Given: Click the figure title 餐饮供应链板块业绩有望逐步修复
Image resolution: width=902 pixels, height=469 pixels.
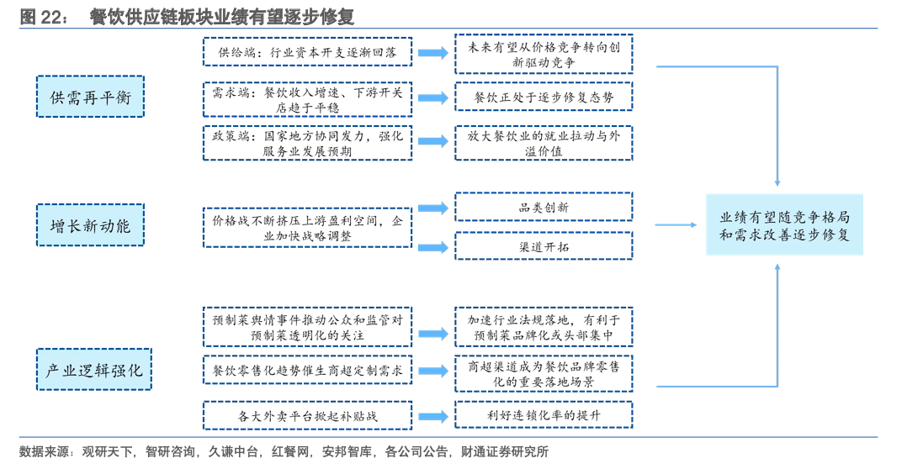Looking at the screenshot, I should [222, 16].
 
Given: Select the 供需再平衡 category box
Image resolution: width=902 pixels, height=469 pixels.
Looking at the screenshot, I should [90, 97].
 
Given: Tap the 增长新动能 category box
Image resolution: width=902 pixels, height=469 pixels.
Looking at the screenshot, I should [90, 225].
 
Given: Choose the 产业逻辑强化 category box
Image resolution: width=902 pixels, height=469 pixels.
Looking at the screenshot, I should [93, 369].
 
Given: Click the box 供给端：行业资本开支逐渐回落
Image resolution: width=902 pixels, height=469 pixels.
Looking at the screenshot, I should [307, 52].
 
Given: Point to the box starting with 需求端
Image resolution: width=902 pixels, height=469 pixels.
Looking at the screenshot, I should [307, 98].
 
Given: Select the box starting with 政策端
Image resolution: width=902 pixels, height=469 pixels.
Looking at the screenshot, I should [307, 143].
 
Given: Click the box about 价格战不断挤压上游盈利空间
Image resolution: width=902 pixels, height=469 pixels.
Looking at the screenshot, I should [307, 228].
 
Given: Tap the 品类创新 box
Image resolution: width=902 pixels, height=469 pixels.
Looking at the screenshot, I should [543, 207].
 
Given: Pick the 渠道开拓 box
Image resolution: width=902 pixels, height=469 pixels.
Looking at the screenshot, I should [543, 246].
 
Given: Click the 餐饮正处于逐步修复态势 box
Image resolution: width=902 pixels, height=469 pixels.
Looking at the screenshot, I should [543, 97].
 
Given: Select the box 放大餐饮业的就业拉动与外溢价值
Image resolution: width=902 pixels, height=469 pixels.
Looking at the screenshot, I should [543, 143].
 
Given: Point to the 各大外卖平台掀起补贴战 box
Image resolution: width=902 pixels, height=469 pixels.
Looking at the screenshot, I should [307, 415].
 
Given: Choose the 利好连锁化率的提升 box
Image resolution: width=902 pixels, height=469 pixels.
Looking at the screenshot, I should [543, 415].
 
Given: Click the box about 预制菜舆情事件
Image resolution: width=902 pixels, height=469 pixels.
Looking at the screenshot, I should [307, 327].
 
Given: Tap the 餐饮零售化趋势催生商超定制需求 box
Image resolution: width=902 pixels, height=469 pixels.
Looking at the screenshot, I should [307, 371].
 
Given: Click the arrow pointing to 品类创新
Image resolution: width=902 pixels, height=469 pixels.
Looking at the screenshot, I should [432, 208].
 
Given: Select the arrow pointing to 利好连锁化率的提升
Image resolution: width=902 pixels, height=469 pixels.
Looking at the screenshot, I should [432, 415].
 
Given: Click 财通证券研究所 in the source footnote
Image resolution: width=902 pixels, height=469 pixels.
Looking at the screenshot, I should [504, 451].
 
